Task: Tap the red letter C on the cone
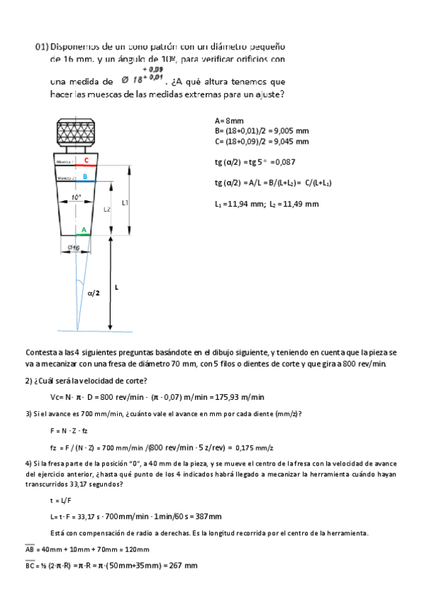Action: click(86, 161)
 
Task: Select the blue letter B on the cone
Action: click(85, 176)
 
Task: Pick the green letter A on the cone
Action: click(84, 230)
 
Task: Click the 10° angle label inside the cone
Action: click(77, 198)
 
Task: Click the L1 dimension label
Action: click(124, 202)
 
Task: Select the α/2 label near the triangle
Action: click(94, 292)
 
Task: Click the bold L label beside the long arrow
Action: click(116, 288)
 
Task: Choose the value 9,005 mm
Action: click(292, 131)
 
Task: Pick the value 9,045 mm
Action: click(292, 141)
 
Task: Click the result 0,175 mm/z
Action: click(256, 447)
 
